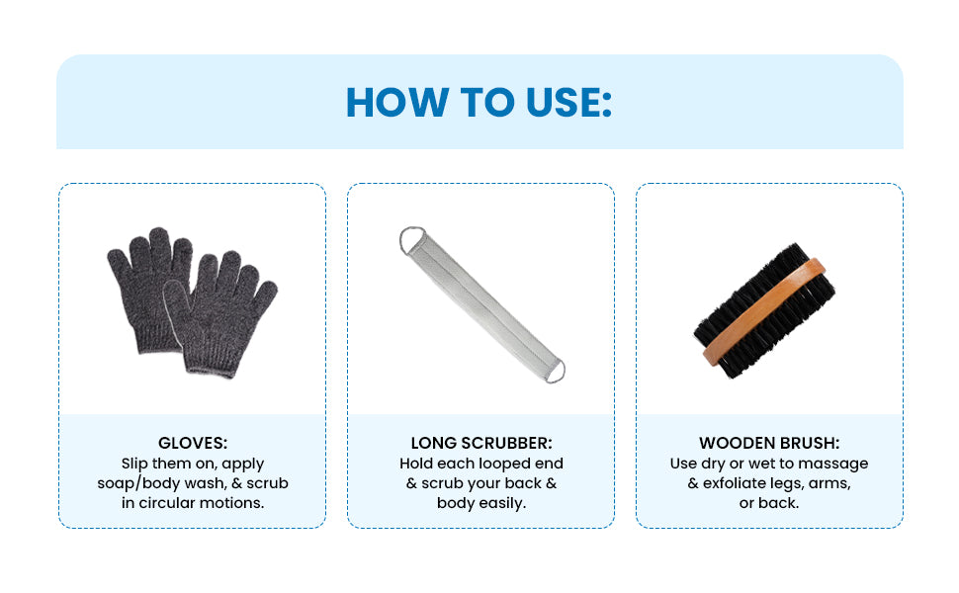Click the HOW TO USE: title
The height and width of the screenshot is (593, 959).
click(x=479, y=102)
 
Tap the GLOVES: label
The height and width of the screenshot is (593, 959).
click(x=193, y=443)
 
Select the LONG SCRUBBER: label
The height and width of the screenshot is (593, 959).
click(x=481, y=443)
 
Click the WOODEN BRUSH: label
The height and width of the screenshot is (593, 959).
click(x=769, y=443)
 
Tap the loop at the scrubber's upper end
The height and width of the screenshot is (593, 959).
click(x=411, y=239)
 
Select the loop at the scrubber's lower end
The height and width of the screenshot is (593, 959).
click(x=555, y=371)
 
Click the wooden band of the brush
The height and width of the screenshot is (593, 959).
click(x=764, y=311)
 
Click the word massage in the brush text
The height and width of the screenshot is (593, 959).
click(x=833, y=464)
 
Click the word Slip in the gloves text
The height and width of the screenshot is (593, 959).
click(x=134, y=464)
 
